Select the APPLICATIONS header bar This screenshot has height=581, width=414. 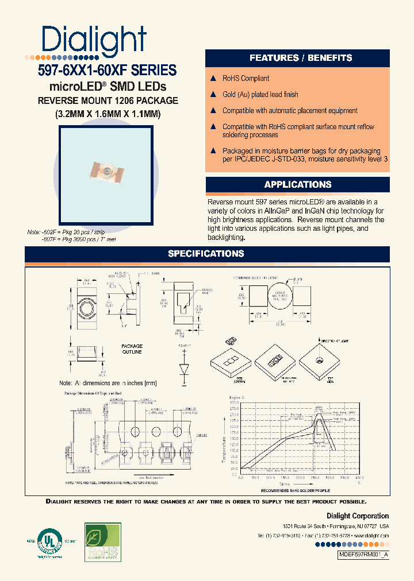click(x=297, y=184)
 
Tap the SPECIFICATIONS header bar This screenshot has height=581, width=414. click(x=206, y=254)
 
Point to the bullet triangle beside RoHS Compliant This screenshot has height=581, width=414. click(x=213, y=78)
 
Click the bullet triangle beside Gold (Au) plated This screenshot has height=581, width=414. click(x=213, y=94)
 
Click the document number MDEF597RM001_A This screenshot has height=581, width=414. click(x=363, y=556)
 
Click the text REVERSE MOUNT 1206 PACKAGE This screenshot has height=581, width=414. click(x=108, y=100)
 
